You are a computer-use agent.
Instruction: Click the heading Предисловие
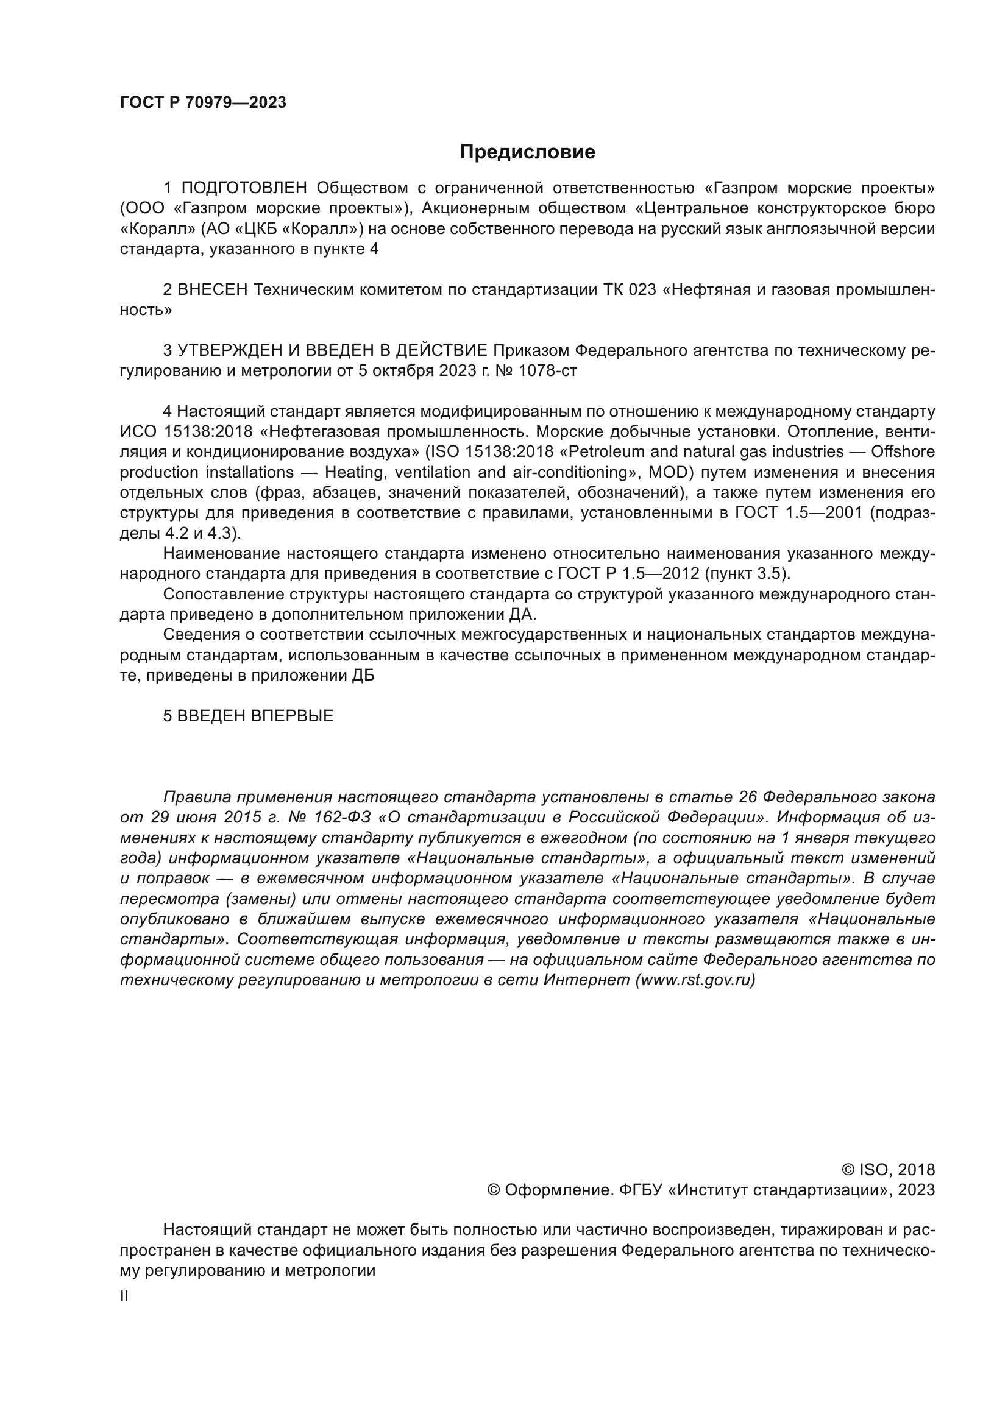coord(527,152)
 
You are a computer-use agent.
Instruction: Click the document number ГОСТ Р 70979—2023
coord(203,103)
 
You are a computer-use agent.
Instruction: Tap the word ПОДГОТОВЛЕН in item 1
coord(244,188)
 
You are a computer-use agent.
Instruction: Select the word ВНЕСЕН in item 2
coord(212,290)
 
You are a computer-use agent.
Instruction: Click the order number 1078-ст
coord(547,371)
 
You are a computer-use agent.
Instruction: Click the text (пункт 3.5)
coord(745,573)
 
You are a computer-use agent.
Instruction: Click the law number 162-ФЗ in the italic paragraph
coord(344,818)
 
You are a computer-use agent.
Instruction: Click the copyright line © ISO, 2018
coord(887,1170)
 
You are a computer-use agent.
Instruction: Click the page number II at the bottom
coord(124,1296)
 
